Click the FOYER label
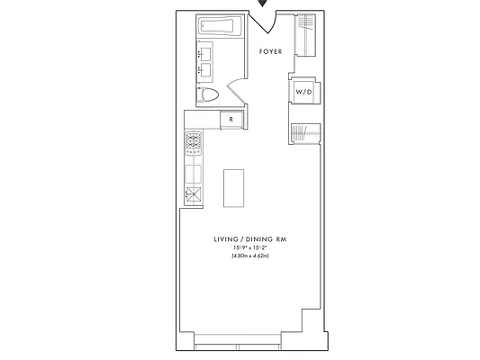click(271, 52)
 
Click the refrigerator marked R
click(231, 119)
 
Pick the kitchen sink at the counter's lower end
click(193, 193)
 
